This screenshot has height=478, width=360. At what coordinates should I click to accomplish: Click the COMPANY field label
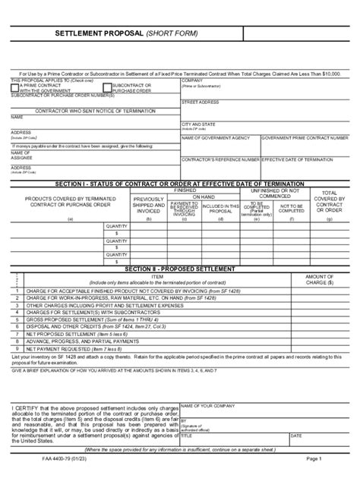coord(191,80)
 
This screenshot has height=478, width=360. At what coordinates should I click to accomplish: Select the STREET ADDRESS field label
coord(201,102)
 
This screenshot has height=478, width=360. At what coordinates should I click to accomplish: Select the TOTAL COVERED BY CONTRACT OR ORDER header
coord(330,203)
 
